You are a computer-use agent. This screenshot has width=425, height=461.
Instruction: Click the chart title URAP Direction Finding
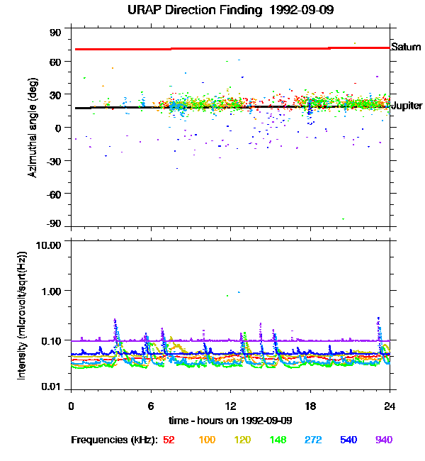195,10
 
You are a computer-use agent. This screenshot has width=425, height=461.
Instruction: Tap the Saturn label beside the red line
406,47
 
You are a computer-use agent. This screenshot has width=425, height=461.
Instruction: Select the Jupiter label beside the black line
407,106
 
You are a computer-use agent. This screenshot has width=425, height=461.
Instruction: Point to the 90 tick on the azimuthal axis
55,33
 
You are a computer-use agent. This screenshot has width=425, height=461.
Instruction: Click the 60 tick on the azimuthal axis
55,62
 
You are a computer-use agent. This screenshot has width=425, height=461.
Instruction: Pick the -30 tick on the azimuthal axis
54,161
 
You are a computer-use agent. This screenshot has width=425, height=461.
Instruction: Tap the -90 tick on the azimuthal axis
54,223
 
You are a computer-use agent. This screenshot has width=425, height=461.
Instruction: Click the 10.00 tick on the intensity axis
48,245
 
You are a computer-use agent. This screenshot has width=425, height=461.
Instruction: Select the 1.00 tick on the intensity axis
51,291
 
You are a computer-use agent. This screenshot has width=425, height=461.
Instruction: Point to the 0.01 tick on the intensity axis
51,387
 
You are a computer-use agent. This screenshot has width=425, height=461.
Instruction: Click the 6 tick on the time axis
151,406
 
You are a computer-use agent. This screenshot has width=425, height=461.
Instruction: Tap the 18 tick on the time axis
310,406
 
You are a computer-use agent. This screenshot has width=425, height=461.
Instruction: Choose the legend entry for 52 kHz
169,440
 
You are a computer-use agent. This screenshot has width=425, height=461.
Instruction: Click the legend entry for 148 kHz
278,440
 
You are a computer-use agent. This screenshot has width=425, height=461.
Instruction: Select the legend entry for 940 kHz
384,440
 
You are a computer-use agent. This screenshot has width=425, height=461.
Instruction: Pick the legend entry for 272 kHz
313,440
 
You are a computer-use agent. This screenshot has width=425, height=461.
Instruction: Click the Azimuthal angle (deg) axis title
33,128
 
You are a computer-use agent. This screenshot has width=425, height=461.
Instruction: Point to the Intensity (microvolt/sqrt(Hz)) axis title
21,316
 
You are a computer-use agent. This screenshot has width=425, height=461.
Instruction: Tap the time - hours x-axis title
231,421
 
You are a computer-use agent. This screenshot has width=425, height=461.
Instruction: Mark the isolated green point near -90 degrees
343,219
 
